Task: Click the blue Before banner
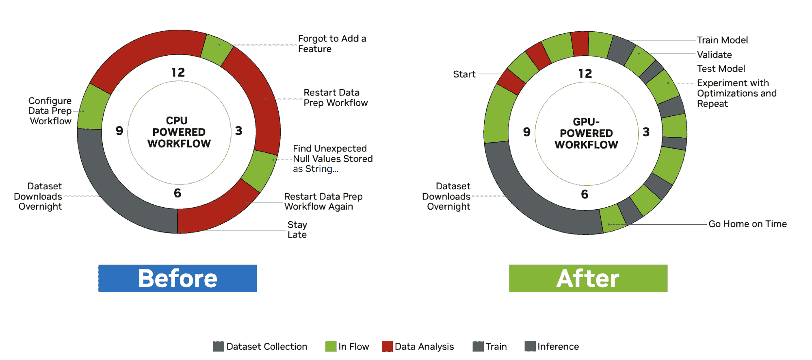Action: coord(178,278)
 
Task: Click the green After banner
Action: coord(588,278)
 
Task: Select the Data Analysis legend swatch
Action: coord(388,347)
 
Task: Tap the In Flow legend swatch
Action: coord(331,347)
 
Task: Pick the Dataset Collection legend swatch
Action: coord(219,347)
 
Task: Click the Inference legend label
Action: coord(558,347)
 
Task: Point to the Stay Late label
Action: coord(297,230)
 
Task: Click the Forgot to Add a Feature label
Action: coord(332,43)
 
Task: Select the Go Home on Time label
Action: coord(748,224)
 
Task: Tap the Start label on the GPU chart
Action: coord(464,74)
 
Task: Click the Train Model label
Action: coord(723,40)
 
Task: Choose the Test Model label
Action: coord(721,69)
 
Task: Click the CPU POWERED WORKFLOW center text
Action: coord(179,132)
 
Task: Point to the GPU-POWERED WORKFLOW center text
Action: coord(587,133)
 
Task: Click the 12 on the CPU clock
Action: coord(178,72)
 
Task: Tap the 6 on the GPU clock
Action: coord(585,194)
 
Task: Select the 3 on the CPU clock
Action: coord(239,131)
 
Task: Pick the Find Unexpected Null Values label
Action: coord(333,159)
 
